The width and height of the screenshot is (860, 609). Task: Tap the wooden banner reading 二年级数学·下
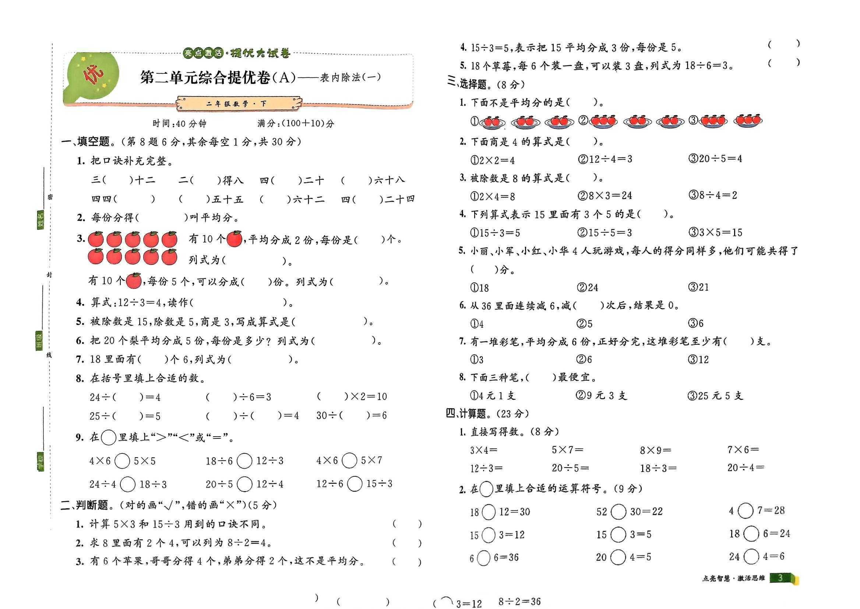tap(239, 104)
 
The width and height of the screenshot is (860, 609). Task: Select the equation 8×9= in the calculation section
tap(655, 450)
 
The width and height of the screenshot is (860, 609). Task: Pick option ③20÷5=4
tap(715, 159)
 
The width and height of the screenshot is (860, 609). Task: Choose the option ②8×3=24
tap(605, 195)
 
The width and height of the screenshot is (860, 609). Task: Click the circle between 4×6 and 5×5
tap(122, 461)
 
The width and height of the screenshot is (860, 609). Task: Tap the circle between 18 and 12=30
tap(488, 512)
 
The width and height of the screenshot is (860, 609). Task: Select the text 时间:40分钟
tap(180, 123)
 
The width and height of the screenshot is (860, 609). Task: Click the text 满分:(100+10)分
tap(296, 123)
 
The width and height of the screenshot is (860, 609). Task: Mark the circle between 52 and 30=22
tap(618, 511)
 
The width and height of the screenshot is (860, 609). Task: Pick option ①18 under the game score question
tap(479, 288)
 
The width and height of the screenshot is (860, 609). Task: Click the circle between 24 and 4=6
tap(751, 556)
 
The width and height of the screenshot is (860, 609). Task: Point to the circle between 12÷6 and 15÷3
tap(355, 484)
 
